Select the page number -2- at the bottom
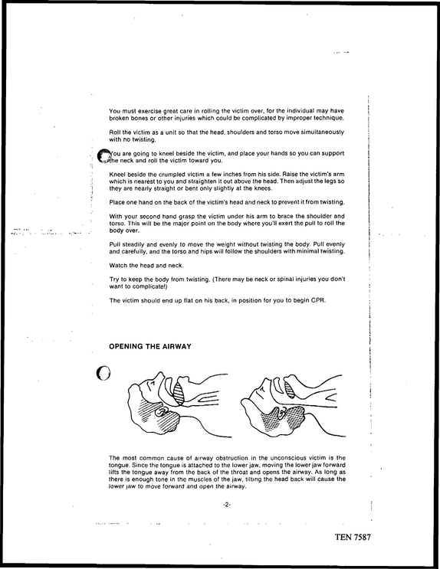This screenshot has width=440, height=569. (227, 505)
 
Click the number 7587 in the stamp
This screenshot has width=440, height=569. (362, 537)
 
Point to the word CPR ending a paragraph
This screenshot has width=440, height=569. (318, 300)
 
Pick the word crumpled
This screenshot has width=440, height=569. (172, 175)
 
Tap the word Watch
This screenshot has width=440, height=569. (117, 265)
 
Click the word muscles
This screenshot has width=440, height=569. (209, 479)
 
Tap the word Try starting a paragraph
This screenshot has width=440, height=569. (114, 280)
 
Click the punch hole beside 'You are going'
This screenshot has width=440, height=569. (104, 155)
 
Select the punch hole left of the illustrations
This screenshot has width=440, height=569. (103, 373)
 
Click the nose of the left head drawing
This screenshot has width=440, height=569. (159, 375)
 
